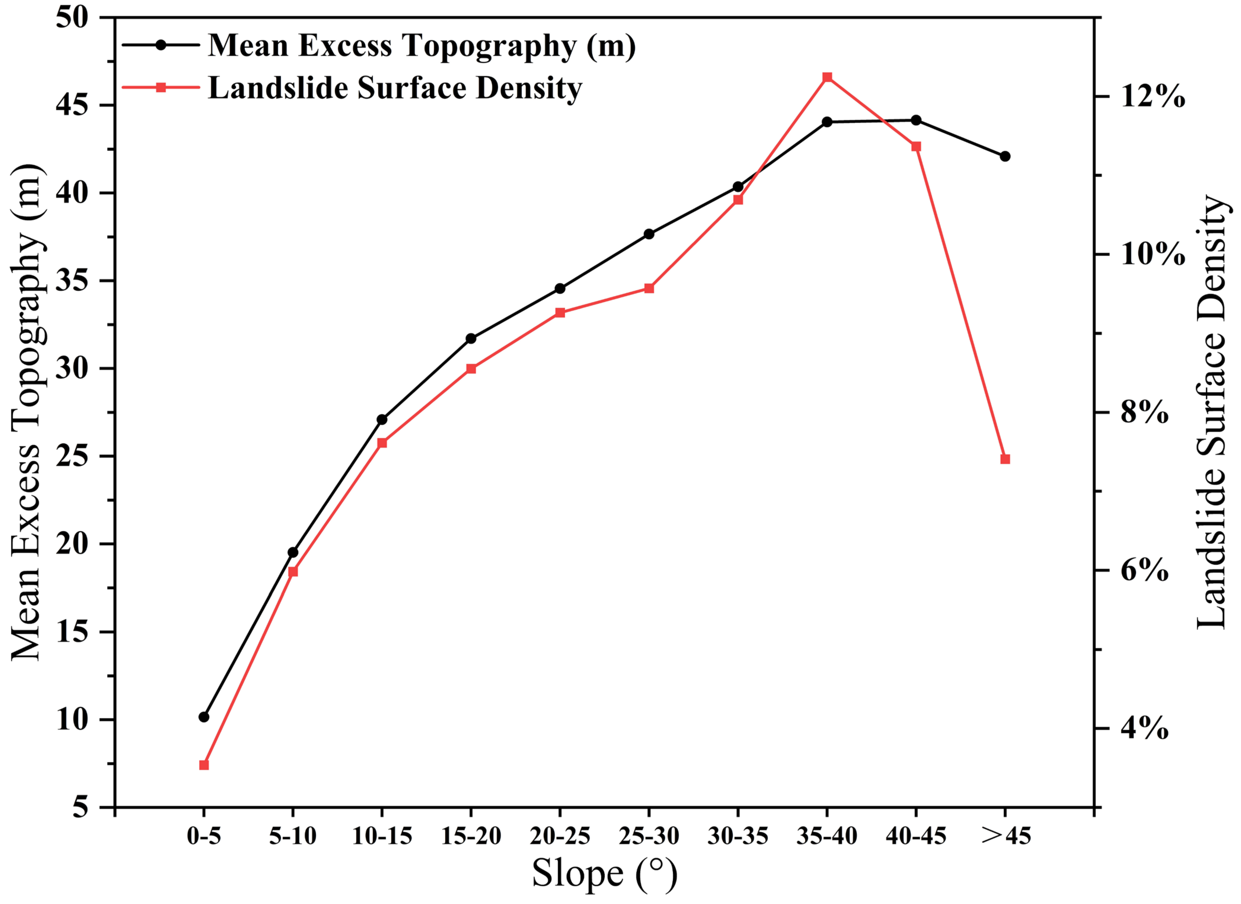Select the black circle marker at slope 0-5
click(x=204, y=717)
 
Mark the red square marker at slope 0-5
click(x=204, y=765)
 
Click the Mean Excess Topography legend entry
click(x=421, y=45)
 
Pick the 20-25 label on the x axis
click(x=560, y=836)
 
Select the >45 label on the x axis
click(x=1006, y=836)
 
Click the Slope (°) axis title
click(x=604, y=874)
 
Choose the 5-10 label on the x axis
click(x=293, y=836)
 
